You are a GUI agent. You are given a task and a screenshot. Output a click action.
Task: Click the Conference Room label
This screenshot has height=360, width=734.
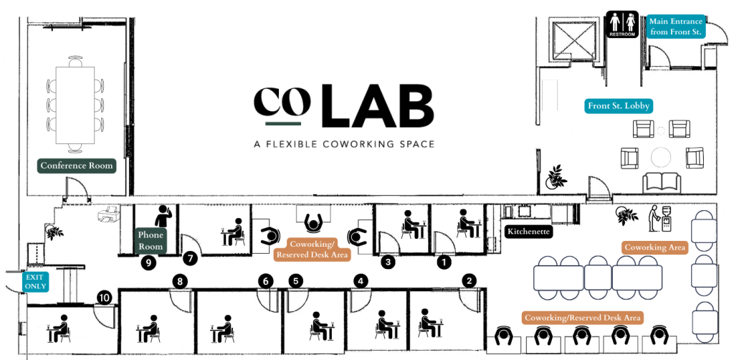[77, 166]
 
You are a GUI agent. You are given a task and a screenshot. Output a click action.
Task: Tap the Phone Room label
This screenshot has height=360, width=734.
[151, 241]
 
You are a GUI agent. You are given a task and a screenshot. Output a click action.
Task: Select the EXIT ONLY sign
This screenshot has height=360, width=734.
[36, 281]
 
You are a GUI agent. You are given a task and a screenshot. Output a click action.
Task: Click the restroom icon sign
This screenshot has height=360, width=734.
[621, 23]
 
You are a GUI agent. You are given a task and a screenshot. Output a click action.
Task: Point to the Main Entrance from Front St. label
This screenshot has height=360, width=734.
[676, 27]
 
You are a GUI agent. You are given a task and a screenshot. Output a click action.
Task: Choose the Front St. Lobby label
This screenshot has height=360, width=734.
[619, 106]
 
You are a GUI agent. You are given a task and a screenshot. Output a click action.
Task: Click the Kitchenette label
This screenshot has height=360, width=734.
[528, 232]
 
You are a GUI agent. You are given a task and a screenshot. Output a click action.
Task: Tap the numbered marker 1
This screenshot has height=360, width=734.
[444, 262]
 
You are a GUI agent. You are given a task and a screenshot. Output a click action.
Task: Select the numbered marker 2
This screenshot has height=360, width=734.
[470, 280]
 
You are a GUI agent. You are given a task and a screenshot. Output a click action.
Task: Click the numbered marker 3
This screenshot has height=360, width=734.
[389, 262]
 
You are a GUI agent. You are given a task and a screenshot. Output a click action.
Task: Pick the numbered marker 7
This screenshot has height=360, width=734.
[190, 257]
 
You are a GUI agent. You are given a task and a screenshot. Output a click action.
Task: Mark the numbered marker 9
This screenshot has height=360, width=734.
[149, 262]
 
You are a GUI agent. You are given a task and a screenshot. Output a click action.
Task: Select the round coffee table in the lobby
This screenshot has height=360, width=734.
[660, 156]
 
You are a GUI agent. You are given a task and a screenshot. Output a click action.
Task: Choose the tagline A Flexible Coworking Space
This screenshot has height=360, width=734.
[344, 144]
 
